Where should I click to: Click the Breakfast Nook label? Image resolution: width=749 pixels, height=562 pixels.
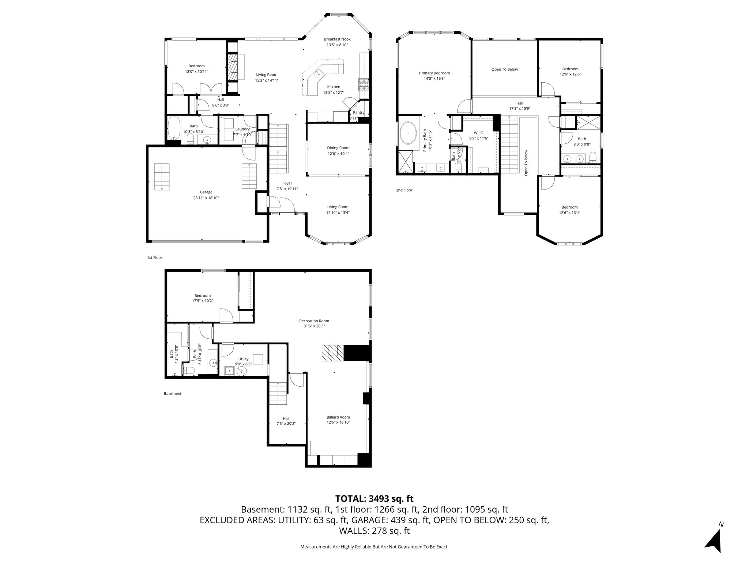click(x=337, y=39)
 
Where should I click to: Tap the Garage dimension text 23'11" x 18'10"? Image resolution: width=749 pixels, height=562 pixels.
click(x=206, y=198)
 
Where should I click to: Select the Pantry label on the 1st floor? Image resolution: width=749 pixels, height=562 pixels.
click(x=358, y=112)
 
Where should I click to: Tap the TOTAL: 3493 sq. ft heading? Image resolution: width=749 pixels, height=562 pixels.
click(x=374, y=498)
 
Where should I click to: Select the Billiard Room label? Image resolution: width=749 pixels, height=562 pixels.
click(x=338, y=417)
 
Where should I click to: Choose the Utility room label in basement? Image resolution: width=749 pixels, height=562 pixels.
click(x=243, y=359)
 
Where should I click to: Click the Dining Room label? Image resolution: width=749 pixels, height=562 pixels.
click(x=338, y=148)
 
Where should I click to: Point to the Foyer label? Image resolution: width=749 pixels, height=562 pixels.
click(x=287, y=183)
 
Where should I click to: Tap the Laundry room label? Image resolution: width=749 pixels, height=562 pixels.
click(x=242, y=129)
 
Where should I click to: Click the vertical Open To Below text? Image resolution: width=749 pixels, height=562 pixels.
click(x=526, y=163)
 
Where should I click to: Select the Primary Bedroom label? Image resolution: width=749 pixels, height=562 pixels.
click(x=434, y=73)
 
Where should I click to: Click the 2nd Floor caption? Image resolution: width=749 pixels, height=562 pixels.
click(x=404, y=190)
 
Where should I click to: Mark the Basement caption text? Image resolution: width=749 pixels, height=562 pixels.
click(x=172, y=394)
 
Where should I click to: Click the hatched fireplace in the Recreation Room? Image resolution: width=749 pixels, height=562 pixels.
click(x=332, y=353)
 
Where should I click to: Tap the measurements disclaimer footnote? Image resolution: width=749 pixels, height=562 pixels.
click(x=374, y=547)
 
